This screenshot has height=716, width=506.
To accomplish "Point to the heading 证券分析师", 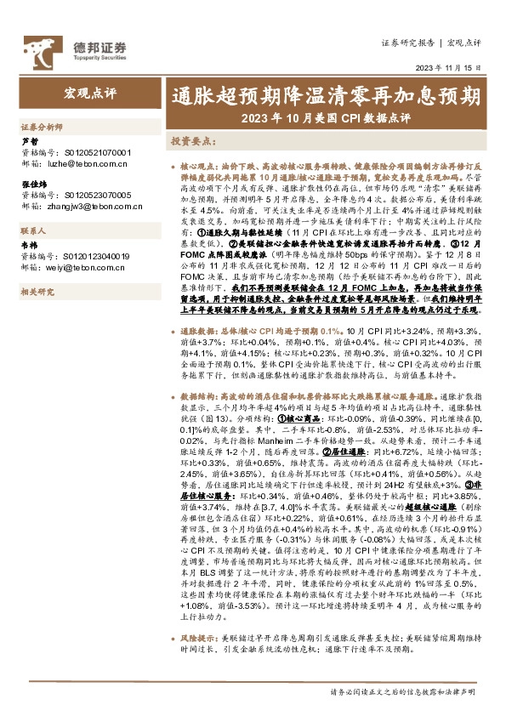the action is tap(43, 125).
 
